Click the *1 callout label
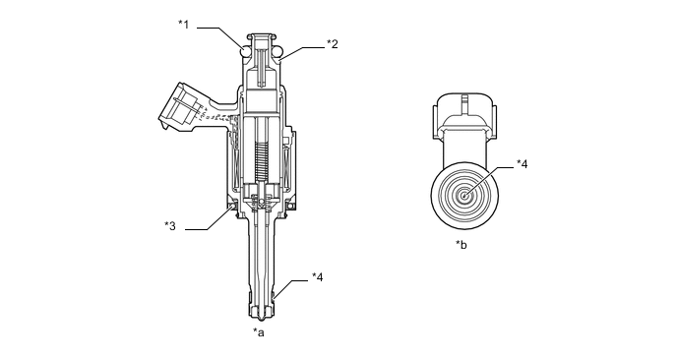184,25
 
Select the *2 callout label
332,43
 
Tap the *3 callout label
170,226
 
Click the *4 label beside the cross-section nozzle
317,277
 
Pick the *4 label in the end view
522,164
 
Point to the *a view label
259,332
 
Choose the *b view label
462,245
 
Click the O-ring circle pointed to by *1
245,51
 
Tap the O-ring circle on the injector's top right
277,51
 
